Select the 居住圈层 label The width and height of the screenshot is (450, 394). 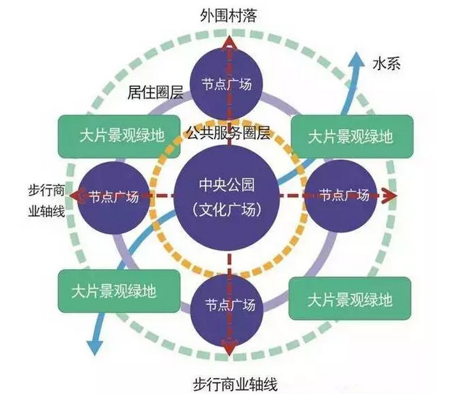[x=156, y=94]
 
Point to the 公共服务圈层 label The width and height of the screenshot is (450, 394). [x=228, y=134]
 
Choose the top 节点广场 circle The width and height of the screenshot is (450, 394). [x=228, y=83]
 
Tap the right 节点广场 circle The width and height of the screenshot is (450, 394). [x=343, y=196]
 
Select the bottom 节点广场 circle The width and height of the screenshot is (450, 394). [x=228, y=305]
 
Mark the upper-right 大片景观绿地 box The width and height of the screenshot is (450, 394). [x=350, y=136]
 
